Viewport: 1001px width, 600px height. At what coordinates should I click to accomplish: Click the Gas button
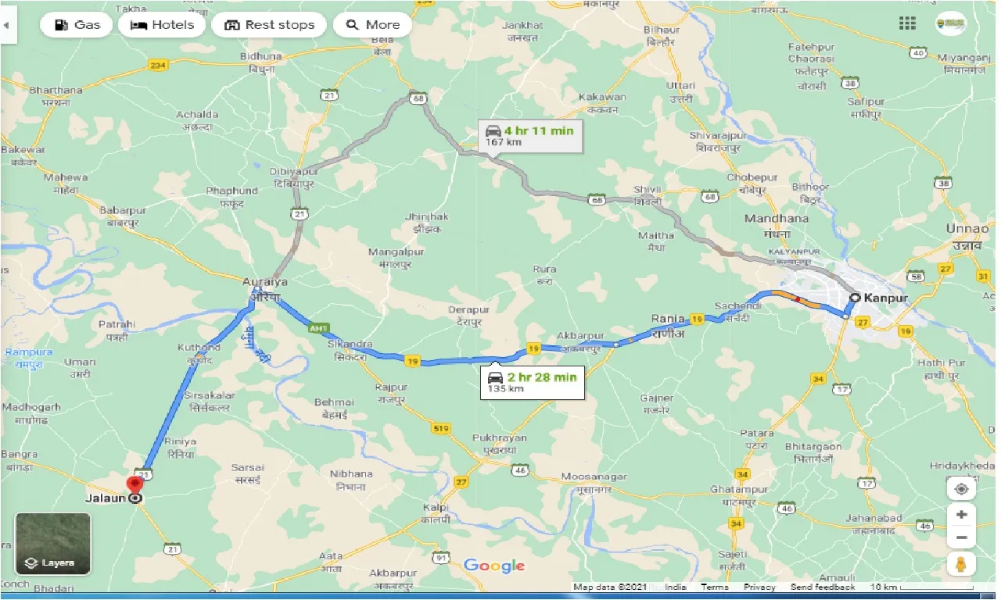(x=77, y=25)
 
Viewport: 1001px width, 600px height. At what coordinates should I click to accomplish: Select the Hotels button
(x=162, y=25)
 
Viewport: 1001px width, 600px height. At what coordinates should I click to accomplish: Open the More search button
(x=372, y=25)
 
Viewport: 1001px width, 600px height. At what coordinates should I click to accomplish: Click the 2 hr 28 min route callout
(x=532, y=382)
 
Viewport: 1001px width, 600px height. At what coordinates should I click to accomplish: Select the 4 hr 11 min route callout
(x=529, y=135)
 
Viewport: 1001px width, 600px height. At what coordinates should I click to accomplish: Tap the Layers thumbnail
(x=53, y=544)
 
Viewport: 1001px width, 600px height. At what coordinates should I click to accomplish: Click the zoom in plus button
(x=961, y=515)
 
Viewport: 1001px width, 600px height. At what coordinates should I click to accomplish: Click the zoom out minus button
(x=961, y=537)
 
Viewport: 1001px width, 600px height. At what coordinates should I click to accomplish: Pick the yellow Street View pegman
(x=961, y=564)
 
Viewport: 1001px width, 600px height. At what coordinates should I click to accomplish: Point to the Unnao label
(x=968, y=228)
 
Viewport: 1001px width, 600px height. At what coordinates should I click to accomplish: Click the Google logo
(x=493, y=566)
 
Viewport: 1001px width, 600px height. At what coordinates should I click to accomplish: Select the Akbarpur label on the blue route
(x=580, y=337)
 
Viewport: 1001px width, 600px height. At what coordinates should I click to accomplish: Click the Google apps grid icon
(x=907, y=23)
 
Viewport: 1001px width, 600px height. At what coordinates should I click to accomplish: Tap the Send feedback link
(x=822, y=587)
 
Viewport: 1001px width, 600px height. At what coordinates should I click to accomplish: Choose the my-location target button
(x=961, y=489)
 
